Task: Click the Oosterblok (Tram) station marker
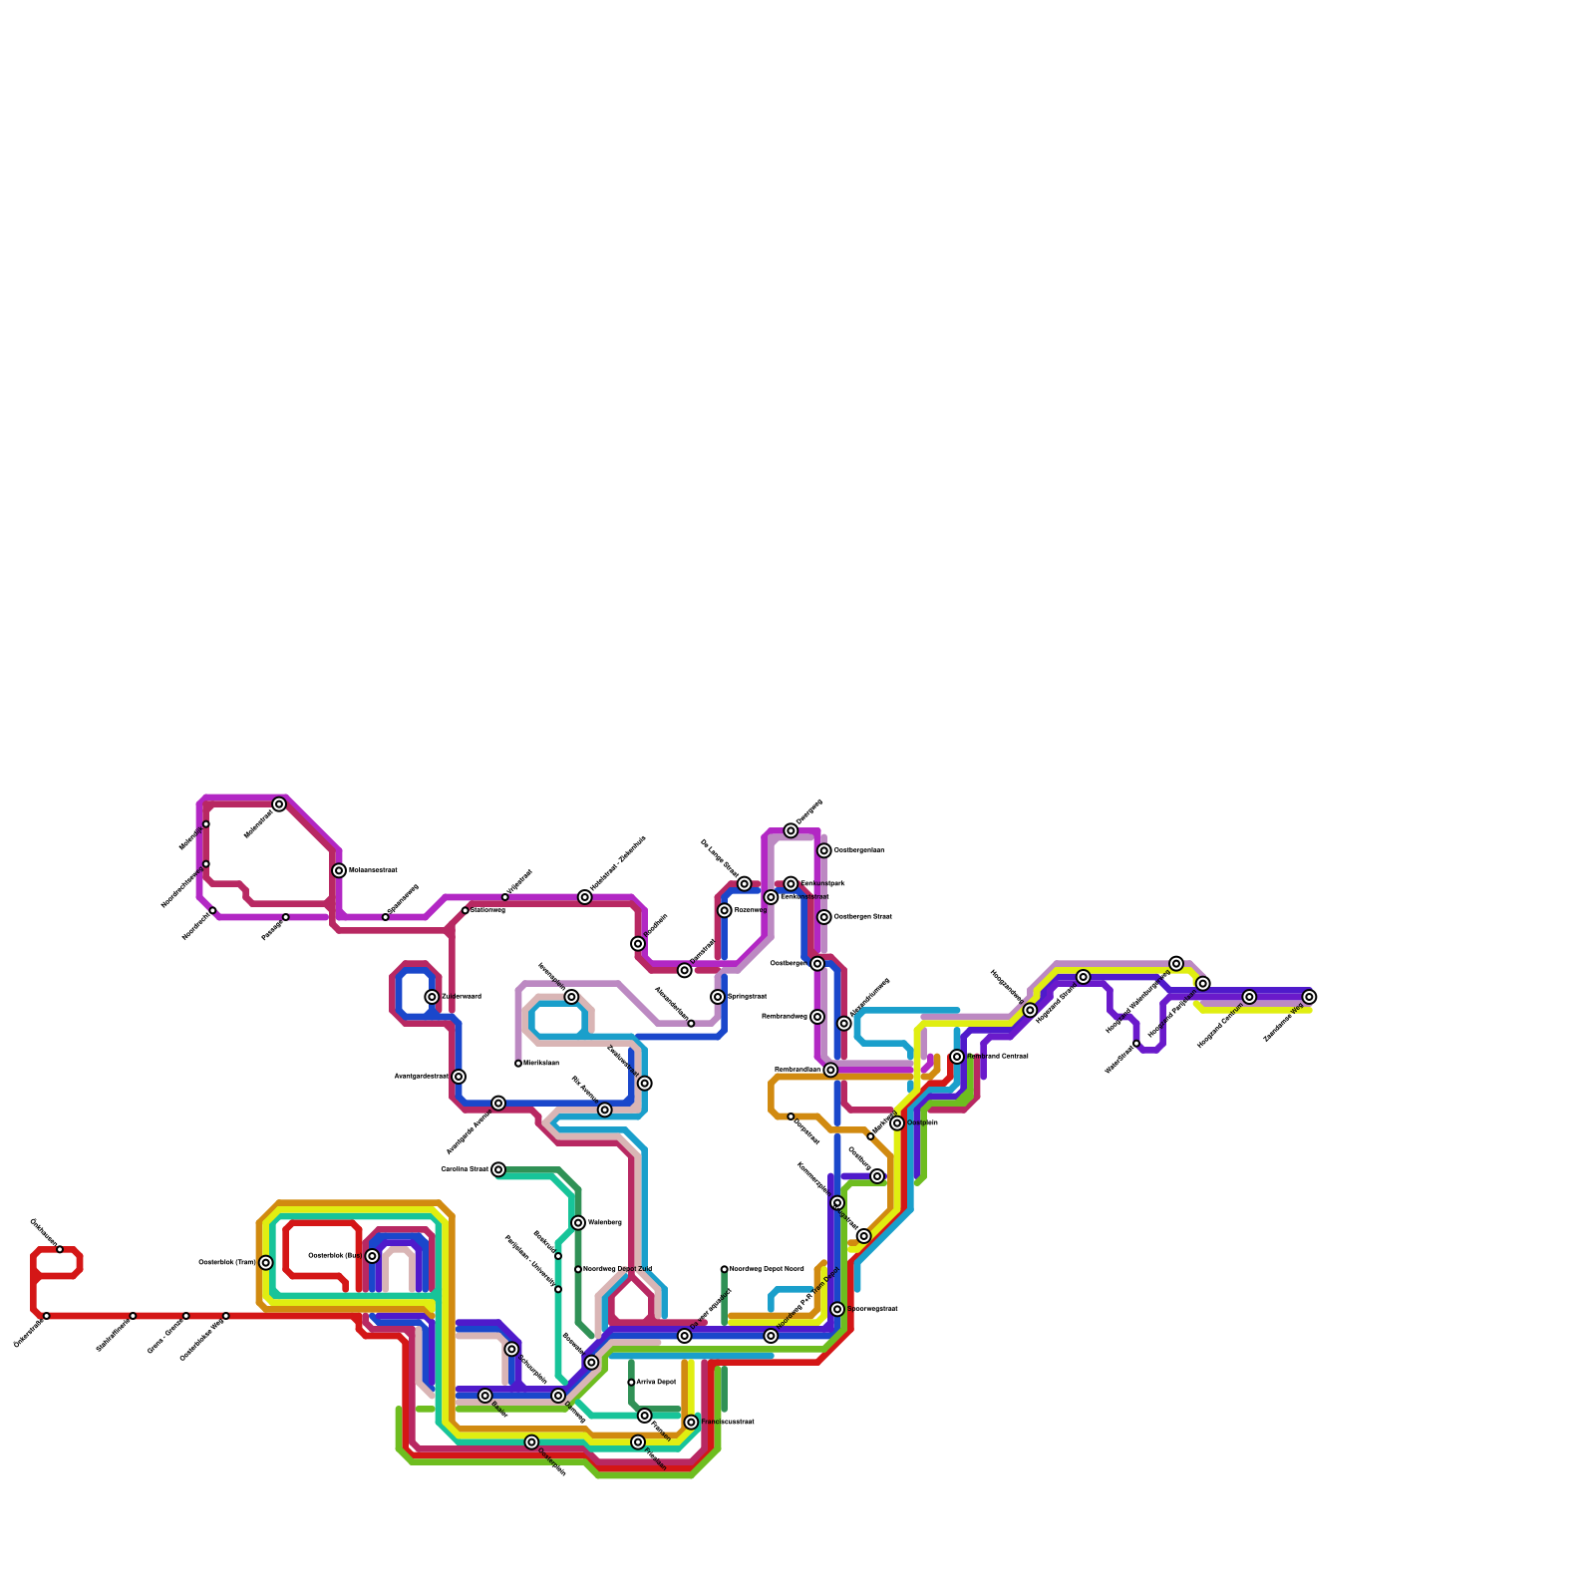click(x=266, y=1263)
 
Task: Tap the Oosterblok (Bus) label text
click(x=335, y=1256)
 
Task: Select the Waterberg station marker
click(x=578, y=1223)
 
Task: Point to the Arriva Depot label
click(x=656, y=1383)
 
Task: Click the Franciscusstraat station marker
click(x=691, y=1423)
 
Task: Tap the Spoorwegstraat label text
click(x=872, y=1309)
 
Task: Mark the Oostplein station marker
click(x=897, y=1123)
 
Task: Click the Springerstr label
click(x=747, y=997)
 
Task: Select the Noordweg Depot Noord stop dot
click(x=725, y=1269)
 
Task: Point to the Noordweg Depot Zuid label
click(x=617, y=1269)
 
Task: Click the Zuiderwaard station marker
click(x=432, y=997)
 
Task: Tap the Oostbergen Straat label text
click(x=862, y=917)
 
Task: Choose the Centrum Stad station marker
click(x=498, y=1169)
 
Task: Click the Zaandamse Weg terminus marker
click(x=1309, y=997)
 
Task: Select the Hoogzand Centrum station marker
click(x=1249, y=997)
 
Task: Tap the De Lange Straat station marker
click(x=745, y=884)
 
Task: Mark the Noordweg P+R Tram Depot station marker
click(x=771, y=1336)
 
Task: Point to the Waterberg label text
click(x=604, y=1223)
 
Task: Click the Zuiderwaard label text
click(x=462, y=997)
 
